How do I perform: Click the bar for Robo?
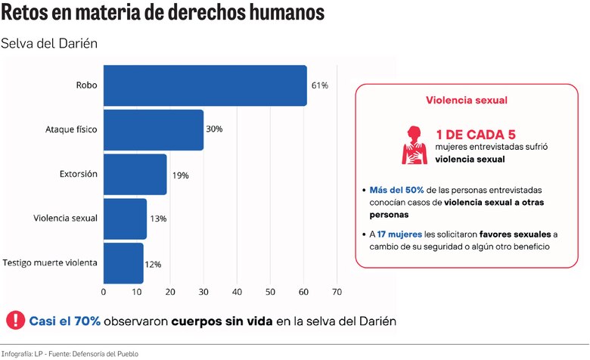click(x=204, y=85)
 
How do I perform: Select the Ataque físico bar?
click(x=153, y=129)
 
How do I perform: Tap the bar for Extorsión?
click(x=135, y=174)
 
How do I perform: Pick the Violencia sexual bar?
click(x=125, y=219)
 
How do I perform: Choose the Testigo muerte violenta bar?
click(x=123, y=262)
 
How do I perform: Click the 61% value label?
click(x=319, y=85)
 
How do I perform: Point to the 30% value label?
click(x=214, y=129)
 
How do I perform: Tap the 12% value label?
click(x=153, y=264)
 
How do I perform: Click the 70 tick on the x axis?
click(x=337, y=291)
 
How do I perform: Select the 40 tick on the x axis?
click(x=237, y=291)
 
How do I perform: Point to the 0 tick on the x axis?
click(x=104, y=291)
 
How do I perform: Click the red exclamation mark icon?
click(x=14, y=321)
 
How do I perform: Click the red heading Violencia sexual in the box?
click(x=467, y=100)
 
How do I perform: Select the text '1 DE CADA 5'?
click(x=475, y=134)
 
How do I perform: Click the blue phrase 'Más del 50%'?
click(x=397, y=189)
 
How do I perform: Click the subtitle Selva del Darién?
click(x=49, y=43)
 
